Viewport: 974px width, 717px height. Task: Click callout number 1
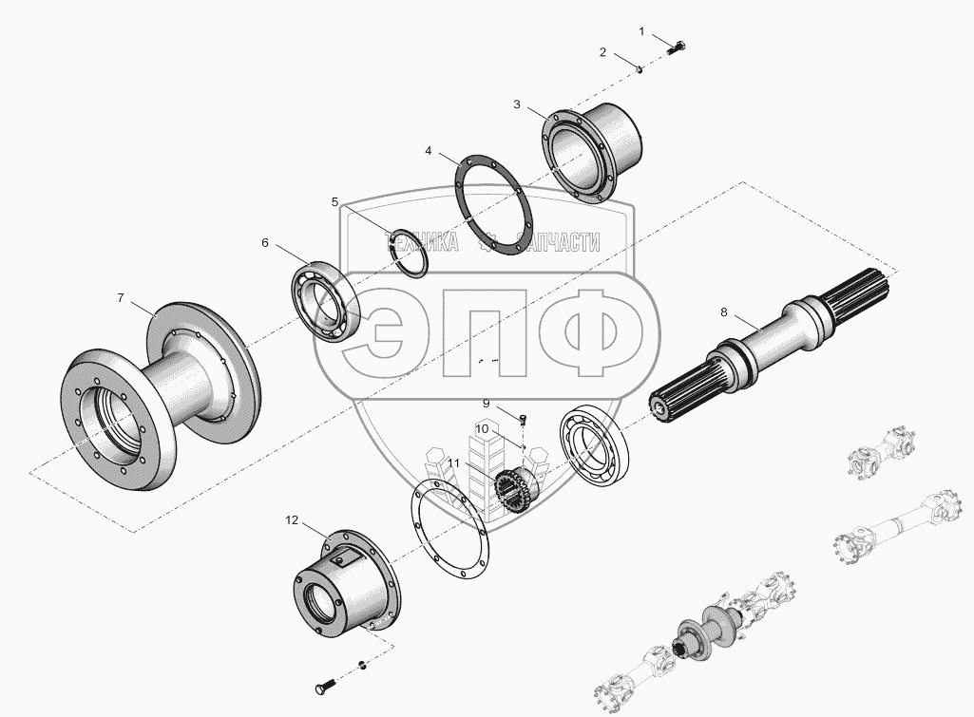(642, 31)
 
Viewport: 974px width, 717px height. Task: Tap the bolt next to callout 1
(677, 47)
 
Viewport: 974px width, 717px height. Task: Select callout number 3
(517, 104)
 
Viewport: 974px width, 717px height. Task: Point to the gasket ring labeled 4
(493, 205)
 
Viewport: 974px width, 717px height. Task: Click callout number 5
(334, 201)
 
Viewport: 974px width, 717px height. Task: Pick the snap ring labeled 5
(408, 255)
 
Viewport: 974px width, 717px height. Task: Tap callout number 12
(292, 520)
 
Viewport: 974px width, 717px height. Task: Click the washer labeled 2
(640, 69)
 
